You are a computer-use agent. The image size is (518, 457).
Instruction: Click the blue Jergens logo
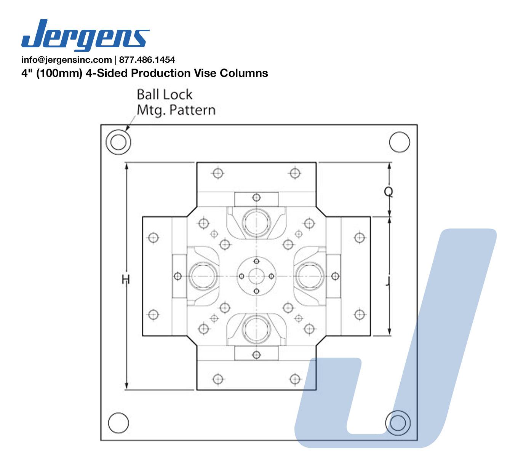tap(85, 35)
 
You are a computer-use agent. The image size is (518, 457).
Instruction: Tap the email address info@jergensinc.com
tap(67, 60)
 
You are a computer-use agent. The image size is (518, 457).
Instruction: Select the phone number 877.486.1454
tap(147, 60)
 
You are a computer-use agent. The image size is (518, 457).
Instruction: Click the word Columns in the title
tap(244, 73)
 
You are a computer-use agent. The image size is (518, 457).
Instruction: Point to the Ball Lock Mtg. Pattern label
tap(176, 102)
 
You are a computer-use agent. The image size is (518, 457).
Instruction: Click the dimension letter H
tap(126, 280)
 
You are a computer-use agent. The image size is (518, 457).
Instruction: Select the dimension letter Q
tap(388, 192)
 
